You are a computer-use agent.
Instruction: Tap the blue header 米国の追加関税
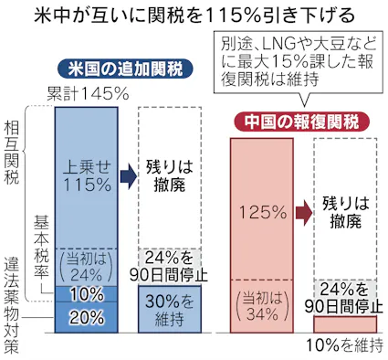tap(116, 69)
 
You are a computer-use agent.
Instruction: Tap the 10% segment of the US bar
tap(88, 294)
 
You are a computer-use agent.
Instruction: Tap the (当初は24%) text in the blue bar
tap(88, 265)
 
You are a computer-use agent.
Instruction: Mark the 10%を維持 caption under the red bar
tap(336, 345)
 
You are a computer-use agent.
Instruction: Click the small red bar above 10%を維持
tap(345, 323)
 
